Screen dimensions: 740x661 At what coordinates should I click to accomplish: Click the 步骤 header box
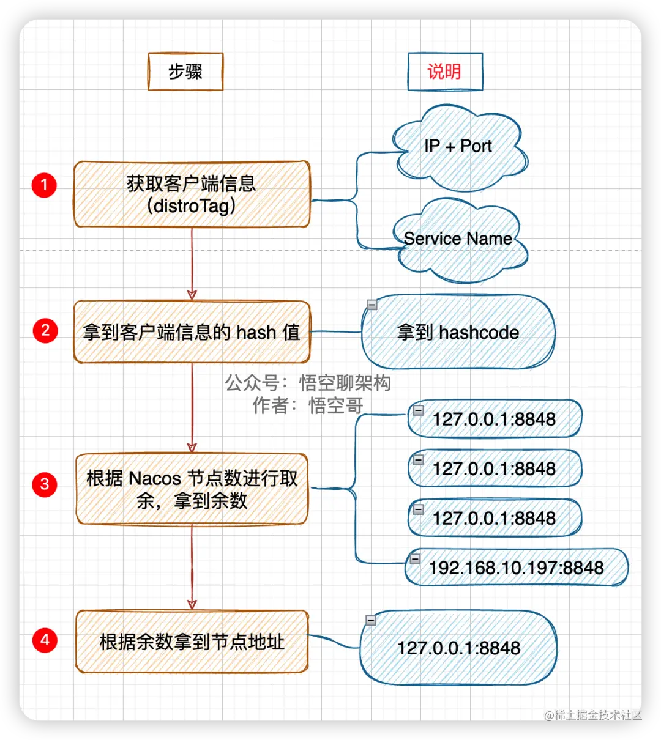(x=185, y=72)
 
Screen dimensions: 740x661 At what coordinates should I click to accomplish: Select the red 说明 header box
(x=445, y=72)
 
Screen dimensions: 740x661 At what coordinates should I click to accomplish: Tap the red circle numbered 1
(x=44, y=185)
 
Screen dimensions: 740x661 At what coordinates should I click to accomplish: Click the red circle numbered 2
(x=45, y=331)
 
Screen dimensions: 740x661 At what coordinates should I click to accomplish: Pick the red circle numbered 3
(x=45, y=485)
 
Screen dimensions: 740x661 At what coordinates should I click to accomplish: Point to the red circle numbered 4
(x=45, y=640)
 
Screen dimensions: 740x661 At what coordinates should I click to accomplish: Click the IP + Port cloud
(x=458, y=147)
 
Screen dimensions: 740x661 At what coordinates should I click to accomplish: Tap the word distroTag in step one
(x=191, y=206)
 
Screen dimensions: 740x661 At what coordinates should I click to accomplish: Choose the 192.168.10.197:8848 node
(x=516, y=568)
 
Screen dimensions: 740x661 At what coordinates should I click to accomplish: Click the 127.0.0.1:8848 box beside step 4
(x=458, y=648)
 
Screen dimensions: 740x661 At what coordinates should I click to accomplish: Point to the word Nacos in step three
(x=155, y=478)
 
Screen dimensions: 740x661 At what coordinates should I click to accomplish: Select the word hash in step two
(x=256, y=333)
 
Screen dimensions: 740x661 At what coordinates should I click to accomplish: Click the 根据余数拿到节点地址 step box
(x=192, y=642)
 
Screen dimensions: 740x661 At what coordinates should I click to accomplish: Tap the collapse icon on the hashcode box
(x=372, y=304)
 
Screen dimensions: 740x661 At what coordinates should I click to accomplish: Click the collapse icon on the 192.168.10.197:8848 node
(x=415, y=558)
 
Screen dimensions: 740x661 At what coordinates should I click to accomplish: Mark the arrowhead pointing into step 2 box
(x=192, y=295)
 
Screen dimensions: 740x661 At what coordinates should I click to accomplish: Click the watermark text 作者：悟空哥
(x=308, y=405)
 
